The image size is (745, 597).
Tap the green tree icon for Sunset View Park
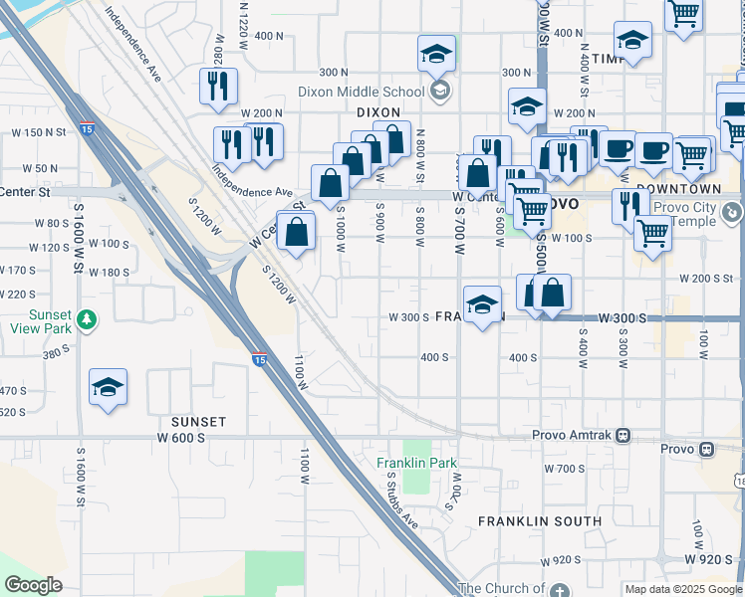(x=88, y=319)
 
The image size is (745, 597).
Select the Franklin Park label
(x=416, y=463)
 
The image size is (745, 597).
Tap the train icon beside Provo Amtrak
(x=623, y=435)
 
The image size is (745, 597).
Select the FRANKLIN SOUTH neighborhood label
(x=540, y=521)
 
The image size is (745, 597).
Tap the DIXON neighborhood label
(x=377, y=113)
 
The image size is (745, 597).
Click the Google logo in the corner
(x=33, y=585)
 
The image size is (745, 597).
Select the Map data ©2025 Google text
(x=683, y=589)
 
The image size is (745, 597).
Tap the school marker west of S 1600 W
(x=108, y=388)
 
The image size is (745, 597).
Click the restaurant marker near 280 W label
(x=218, y=86)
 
